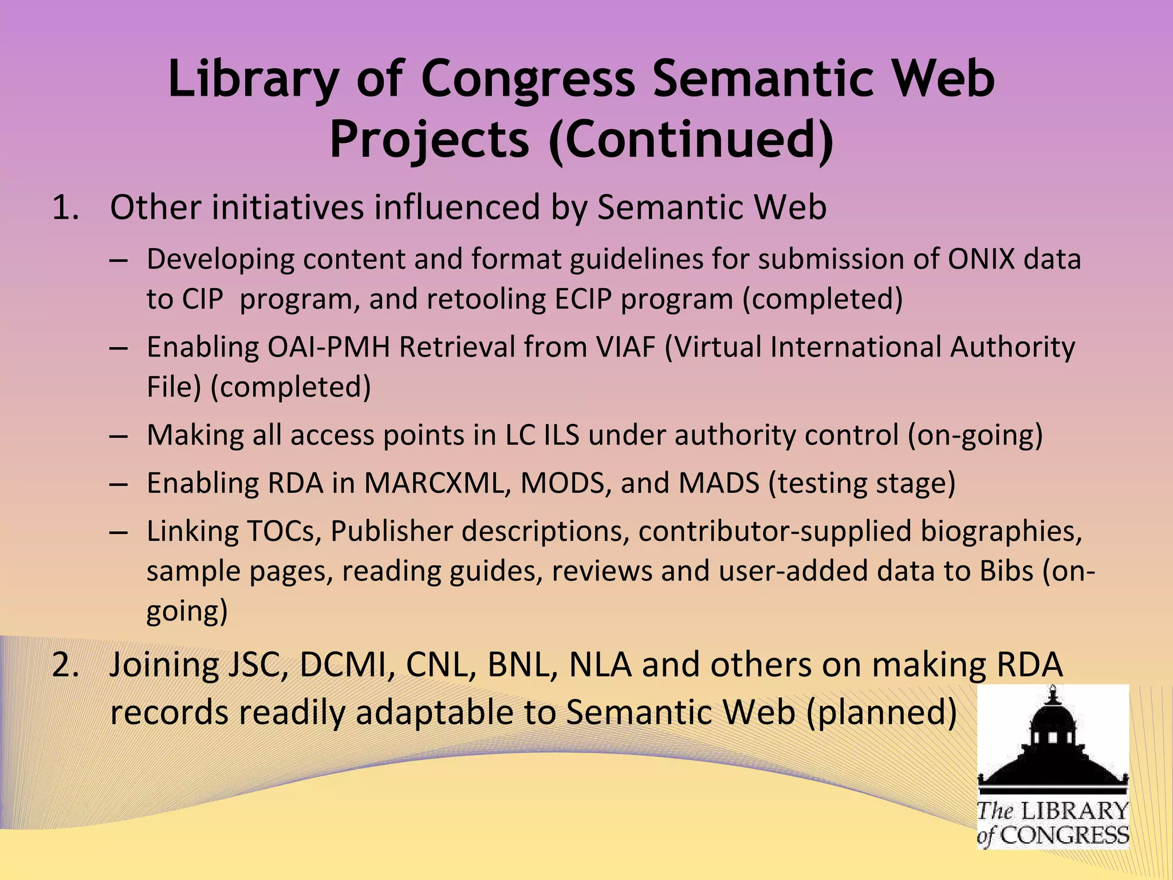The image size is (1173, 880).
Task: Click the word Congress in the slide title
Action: tap(528, 80)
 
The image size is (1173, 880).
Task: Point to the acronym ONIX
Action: tap(981, 259)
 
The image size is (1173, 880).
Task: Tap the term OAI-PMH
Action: tap(328, 347)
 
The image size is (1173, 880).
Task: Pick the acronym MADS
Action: tap(719, 483)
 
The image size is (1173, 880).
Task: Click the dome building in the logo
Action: tap(1052, 739)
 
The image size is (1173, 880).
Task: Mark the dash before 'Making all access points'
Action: tap(118, 436)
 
